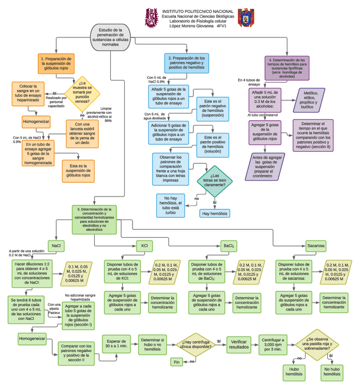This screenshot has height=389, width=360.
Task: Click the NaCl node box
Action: coord(56,246)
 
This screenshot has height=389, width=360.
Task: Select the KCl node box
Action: coord(144,246)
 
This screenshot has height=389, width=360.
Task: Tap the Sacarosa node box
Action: coord(316,246)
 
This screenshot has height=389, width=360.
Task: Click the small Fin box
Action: coord(176,361)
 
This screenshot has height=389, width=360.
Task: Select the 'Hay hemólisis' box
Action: coord(214,213)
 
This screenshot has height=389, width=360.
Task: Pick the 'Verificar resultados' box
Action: coord(239,345)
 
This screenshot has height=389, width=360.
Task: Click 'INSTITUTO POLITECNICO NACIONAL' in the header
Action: coord(198,11)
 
